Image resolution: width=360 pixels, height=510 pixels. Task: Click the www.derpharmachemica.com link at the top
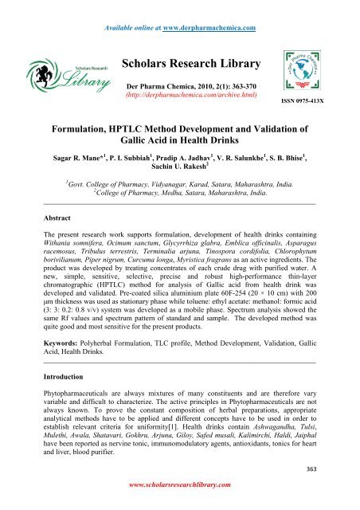coord(217,8)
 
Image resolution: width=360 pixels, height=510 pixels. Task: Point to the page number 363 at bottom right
coord(329,488)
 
